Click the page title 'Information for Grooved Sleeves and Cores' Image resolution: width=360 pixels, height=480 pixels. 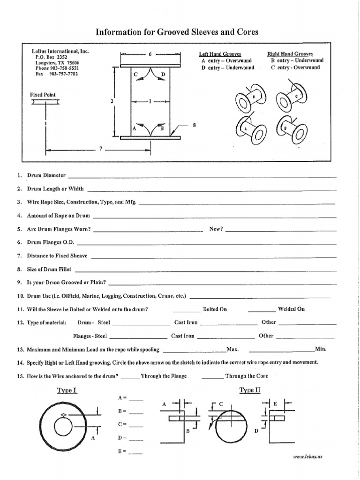click(177, 32)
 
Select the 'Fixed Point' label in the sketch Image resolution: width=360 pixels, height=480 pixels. click(43, 95)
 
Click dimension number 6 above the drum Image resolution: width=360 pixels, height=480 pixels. click(150, 54)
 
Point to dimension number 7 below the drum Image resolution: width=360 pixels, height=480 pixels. click(100, 150)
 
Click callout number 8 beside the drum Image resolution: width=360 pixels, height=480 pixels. click(194, 125)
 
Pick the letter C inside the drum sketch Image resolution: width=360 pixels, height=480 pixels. click(135, 75)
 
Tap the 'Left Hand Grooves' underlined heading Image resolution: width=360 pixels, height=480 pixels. click(220, 54)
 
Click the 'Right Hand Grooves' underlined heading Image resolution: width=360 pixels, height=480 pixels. click(290, 54)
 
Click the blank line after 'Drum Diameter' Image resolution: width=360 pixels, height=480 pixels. click(202, 177)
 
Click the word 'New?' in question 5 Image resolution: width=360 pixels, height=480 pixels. click(216, 229)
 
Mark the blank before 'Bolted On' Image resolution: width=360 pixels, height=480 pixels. click(186, 310)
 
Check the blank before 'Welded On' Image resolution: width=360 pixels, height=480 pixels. click(262, 310)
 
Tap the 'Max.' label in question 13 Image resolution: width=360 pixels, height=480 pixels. click(233, 349)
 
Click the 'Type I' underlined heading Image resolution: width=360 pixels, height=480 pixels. click(67, 390)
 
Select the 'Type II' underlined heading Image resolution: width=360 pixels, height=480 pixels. click(249, 390)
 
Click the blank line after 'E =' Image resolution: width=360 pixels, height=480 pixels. click(135, 453)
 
